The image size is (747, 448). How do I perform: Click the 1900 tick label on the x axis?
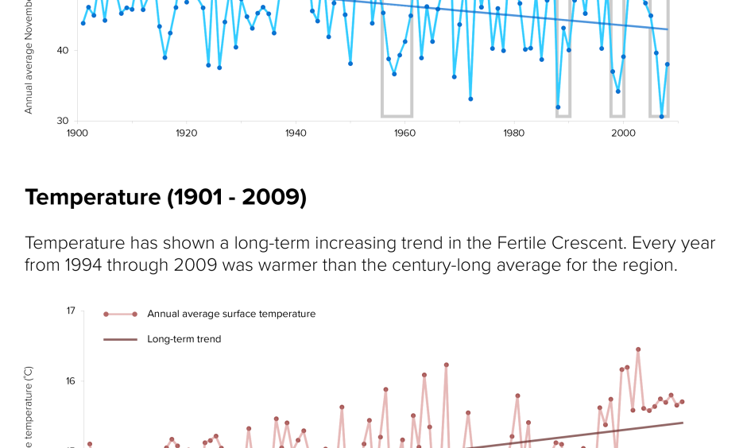[x=77, y=133]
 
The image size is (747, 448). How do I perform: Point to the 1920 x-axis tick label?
[x=186, y=133]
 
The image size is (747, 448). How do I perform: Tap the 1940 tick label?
[x=296, y=133]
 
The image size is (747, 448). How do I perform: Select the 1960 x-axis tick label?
[x=404, y=133]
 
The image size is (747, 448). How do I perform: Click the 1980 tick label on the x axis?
[x=514, y=133]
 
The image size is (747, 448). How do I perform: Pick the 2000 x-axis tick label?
[x=623, y=133]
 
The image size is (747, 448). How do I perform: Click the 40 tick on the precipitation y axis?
[x=63, y=51]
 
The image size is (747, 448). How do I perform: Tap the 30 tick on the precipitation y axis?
[x=63, y=121]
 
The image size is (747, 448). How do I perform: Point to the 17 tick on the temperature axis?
[x=70, y=311]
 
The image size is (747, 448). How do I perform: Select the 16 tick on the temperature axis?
[x=70, y=381]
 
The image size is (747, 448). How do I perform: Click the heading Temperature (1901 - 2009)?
[x=165, y=197]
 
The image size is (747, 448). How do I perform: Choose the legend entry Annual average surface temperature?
[x=230, y=314]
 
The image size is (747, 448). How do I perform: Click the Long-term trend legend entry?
[x=184, y=339]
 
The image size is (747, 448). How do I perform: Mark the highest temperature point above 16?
[x=638, y=350]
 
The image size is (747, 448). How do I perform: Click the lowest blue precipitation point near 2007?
[x=661, y=117]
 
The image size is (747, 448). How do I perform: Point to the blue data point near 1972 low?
[x=470, y=99]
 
